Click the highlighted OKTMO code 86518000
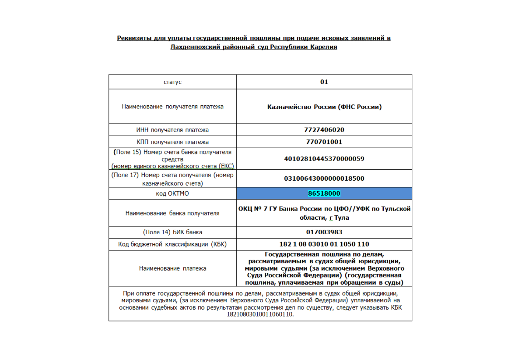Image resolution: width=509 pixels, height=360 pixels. coord(324,193)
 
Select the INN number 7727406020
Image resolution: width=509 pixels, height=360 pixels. coord(324,130)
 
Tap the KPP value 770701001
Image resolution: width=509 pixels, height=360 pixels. coord(324,142)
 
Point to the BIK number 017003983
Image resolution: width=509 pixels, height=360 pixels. coord(324,232)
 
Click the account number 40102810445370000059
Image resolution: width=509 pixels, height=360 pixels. coord(324,159)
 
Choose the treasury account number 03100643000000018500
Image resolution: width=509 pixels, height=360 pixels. coord(324,178)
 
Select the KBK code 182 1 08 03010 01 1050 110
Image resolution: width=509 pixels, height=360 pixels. coord(324,244)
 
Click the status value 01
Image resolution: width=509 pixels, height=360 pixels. coord(324,82)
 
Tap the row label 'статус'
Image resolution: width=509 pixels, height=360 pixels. coord(172,82)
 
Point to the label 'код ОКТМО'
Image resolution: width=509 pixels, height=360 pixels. coord(172,193)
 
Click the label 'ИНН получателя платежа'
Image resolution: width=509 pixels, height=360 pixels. coord(172,130)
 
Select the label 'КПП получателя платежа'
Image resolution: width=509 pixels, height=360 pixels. coord(172,142)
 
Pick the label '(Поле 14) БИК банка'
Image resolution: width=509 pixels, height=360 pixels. coord(172,232)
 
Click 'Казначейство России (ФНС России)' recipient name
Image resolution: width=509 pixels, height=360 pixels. coord(324,107)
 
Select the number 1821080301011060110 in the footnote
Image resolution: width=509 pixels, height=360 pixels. coord(259,314)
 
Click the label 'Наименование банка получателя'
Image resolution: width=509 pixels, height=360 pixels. coord(172,213)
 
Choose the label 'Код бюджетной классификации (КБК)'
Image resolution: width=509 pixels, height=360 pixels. coord(172,244)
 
